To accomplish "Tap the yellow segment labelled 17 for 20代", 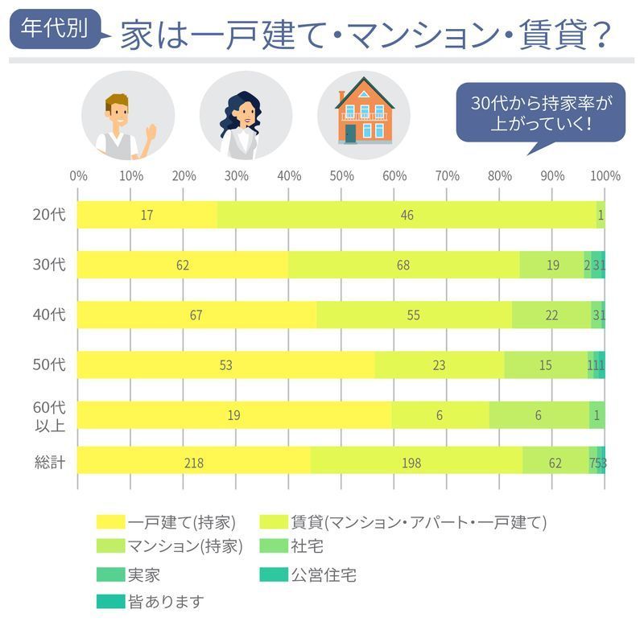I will tap(147, 215).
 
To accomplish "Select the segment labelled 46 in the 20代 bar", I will tap(407, 215).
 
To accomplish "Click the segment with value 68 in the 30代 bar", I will tap(403, 265).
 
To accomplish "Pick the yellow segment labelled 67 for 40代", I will tap(196, 315).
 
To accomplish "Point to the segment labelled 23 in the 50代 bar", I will tap(439, 364).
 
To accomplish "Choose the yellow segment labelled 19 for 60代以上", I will tap(234, 414).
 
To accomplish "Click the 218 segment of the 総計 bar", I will tap(193, 463).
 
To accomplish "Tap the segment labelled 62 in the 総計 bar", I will tap(555, 463).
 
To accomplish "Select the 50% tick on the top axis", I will tap(341, 176).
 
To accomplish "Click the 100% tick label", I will tap(605, 176).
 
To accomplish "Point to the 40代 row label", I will tap(50, 315).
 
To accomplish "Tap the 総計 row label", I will tap(50, 463).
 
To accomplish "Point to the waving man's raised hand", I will tap(151, 131).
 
